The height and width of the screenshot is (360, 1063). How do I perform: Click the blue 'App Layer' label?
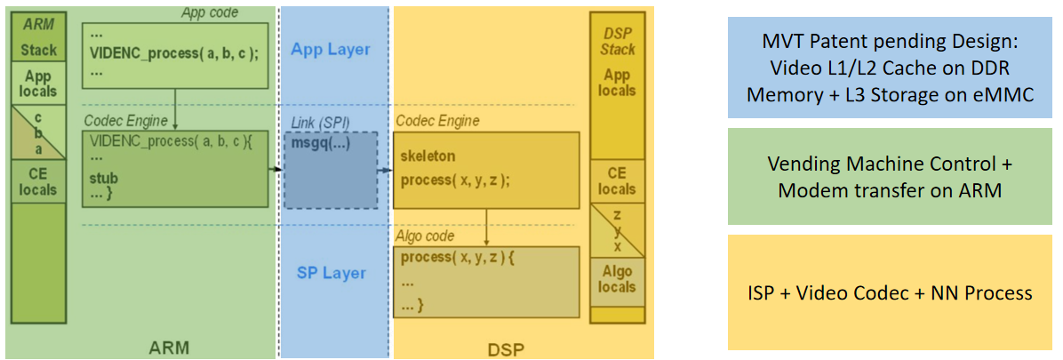coord(330,49)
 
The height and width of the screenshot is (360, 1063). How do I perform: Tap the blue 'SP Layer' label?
coord(331,273)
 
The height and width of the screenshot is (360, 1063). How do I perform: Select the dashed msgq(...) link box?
coord(330,170)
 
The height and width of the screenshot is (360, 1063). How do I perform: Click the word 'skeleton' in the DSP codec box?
coord(428,156)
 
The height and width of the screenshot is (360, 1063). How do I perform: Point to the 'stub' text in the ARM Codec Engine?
coord(103,179)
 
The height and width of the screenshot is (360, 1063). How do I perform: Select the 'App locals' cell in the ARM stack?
coord(38,84)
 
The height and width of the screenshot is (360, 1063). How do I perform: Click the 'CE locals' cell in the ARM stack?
coord(38,181)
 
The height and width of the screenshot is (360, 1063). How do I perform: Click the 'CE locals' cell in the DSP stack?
coord(617,181)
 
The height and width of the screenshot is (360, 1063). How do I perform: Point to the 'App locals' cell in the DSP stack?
coord(617,83)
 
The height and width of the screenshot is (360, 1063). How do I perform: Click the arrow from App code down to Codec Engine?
coord(175,109)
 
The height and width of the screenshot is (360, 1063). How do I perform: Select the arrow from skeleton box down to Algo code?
coord(487,228)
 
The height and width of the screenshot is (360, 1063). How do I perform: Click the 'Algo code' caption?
coord(424,236)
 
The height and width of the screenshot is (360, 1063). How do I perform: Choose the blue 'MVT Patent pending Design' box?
coord(890,68)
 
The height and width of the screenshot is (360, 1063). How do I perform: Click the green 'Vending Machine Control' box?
coord(890,176)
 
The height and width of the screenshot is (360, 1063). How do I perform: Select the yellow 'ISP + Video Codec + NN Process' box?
coord(890,292)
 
